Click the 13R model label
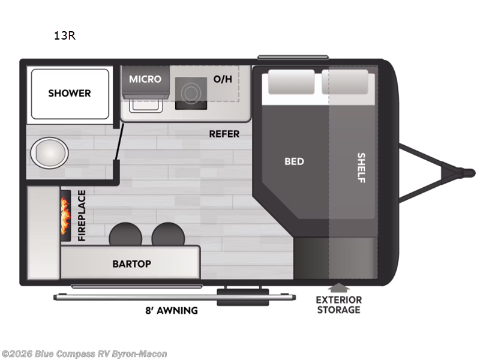[x=65, y=36]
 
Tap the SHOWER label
[x=70, y=93]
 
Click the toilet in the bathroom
[x=49, y=152]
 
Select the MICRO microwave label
[x=145, y=79]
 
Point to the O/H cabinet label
[x=223, y=79]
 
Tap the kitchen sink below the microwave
[x=146, y=106]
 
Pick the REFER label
[x=224, y=134]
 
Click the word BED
[x=294, y=161]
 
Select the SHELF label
[x=362, y=168]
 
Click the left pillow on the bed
[x=291, y=82]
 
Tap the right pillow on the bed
[x=344, y=82]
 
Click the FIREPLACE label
[x=82, y=215]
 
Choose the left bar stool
[x=125, y=234]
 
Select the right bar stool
[x=168, y=234]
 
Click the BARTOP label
[x=131, y=264]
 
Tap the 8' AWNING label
[x=172, y=310]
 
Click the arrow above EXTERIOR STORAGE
[x=338, y=288]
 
